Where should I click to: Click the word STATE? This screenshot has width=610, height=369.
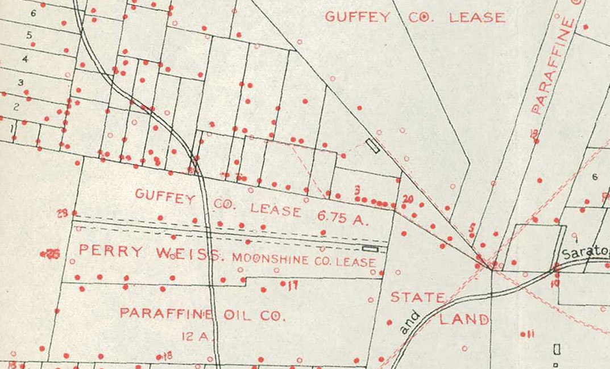(418, 297)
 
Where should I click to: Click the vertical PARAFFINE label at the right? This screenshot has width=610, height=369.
(551, 66)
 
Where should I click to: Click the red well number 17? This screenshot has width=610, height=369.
(292, 286)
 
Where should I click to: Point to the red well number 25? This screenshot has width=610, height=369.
(52, 254)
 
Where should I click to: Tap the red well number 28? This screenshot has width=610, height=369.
(63, 213)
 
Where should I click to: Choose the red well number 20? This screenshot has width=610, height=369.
(407, 199)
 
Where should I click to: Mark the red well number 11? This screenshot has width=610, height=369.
(530, 334)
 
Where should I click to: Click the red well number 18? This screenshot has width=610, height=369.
(167, 356)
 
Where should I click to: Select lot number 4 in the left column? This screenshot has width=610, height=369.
(24, 58)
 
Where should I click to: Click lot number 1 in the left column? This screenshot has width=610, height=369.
(11, 128)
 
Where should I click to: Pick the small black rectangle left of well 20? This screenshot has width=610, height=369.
(373, 146)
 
